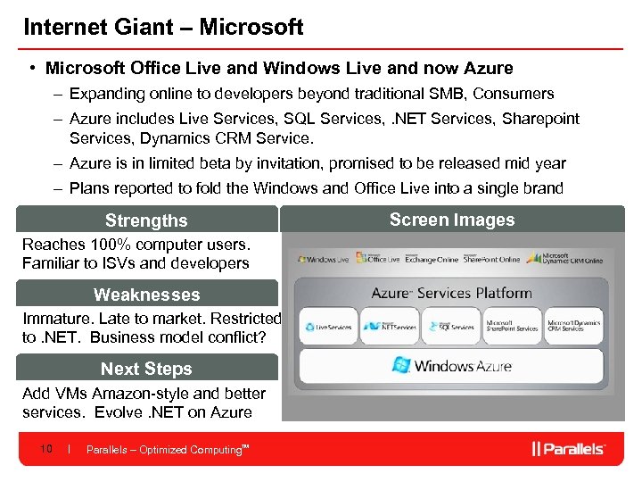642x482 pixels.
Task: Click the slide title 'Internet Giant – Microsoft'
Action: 163,27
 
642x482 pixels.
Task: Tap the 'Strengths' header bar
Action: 146,220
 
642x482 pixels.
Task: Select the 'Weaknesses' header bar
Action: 146,295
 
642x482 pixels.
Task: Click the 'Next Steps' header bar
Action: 146,369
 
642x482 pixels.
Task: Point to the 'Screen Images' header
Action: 452,220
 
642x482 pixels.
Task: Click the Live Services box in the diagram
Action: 327,327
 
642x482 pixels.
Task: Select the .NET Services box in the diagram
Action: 389,327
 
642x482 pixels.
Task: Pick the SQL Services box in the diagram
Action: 450,327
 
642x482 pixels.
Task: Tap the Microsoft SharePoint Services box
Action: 512,327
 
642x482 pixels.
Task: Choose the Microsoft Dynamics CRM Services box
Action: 573,327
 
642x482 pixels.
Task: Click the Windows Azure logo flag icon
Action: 401,365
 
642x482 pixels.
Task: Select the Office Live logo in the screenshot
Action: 378,258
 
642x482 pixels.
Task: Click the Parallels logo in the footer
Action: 568,449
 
